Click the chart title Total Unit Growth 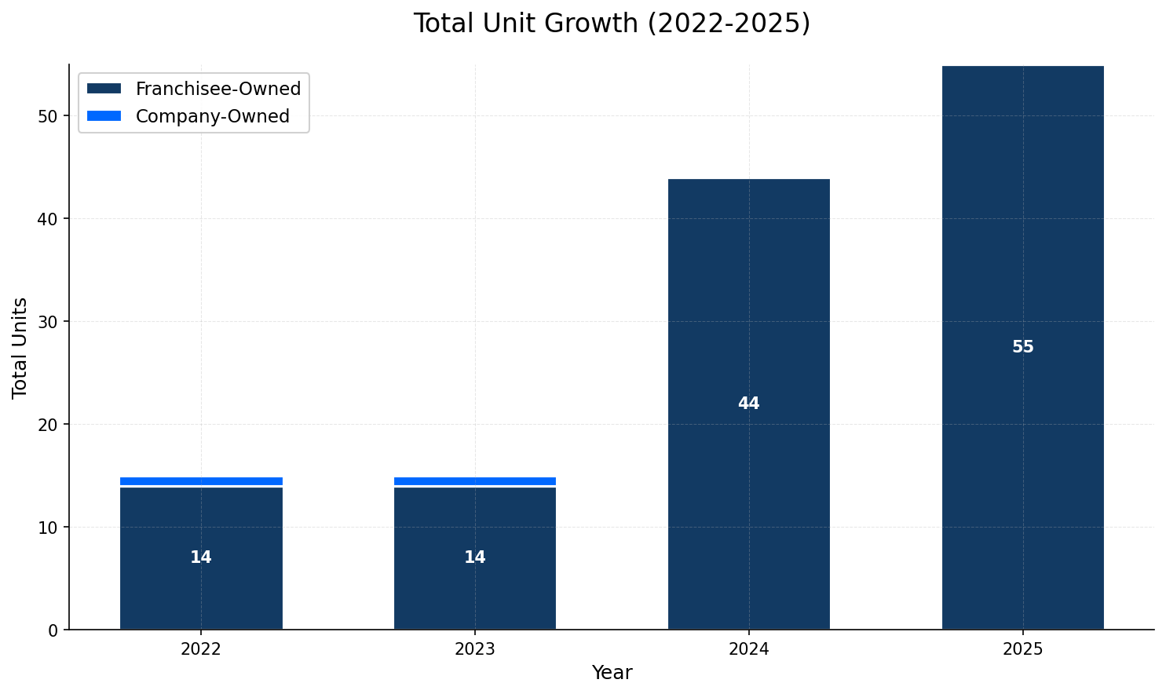[x=612, y=24]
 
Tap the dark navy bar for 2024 [x=748, y=314]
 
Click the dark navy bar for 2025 [x=1022, y=236]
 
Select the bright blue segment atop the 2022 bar [x=201, y=481]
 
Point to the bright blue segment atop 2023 [x=475, y=481]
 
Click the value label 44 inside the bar [x=748, y=404]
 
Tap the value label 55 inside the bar [x=1022, y=347]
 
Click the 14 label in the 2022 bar [x=201, y=557]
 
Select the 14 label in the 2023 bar [x=475, y=557]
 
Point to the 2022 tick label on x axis [x=201, y=649]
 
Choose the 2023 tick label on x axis [x=475, y=649]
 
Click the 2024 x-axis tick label [x=748, y=649]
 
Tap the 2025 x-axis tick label [x=1022, y=649]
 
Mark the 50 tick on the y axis [x=48, y=116]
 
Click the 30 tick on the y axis [x=48, y=322]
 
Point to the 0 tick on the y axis [x=53, y=630]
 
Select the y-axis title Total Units [x=20, y=347]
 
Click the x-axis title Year [x=612, y=673]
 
